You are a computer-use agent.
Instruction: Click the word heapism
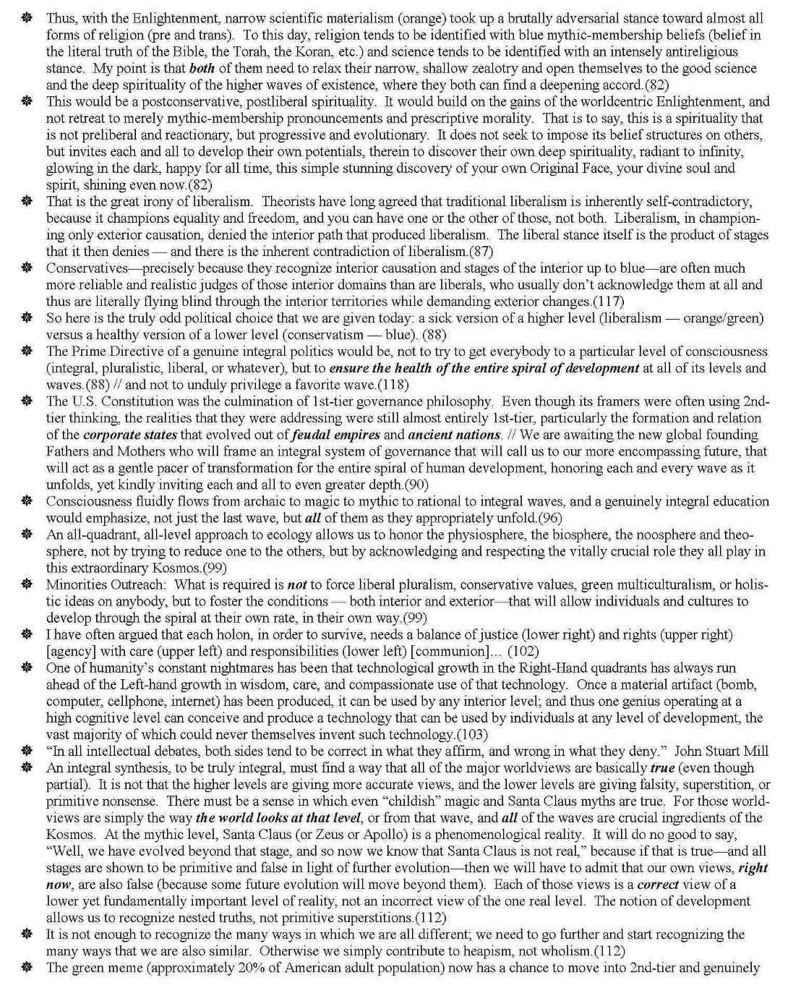(503, 950)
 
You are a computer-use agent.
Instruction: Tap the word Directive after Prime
(139, 352)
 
